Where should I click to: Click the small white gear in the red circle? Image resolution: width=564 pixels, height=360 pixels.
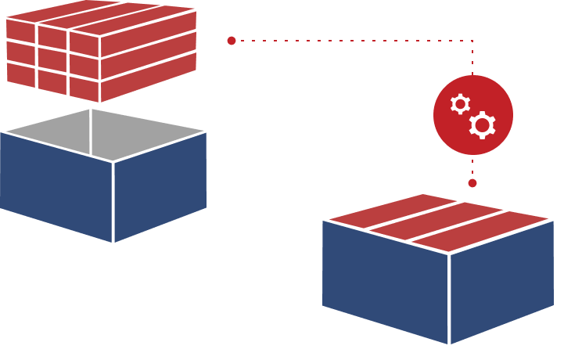pos(460,104)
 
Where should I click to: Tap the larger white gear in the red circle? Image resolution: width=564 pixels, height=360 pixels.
pos(482,125)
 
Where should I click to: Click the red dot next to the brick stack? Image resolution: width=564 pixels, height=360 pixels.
pos(232,41)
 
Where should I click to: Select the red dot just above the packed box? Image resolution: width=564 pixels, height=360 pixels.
pos(472,183)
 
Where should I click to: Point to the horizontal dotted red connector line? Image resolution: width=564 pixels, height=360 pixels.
pos(352,41)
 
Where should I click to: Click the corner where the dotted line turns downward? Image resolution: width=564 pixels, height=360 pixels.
pos(472,41)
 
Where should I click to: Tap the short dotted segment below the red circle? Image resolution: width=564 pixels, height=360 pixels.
pos(472,167)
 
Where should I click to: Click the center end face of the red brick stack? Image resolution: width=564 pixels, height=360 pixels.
pos(52,59)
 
